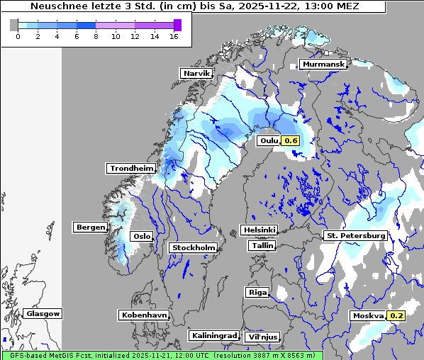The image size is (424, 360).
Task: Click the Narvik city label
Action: [196, 73]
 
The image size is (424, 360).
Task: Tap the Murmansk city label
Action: [323, 64]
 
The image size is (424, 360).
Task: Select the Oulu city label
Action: [269, 141]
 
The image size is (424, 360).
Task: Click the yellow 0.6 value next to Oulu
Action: [291, 141]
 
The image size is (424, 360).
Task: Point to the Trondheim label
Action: [131, 168]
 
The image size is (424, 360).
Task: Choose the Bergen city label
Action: [90, 227]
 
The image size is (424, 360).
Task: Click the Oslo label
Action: [142, 236]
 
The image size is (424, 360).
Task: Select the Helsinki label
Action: [259, 230]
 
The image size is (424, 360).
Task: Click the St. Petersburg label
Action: [355, 235]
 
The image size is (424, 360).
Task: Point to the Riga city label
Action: [257, 292]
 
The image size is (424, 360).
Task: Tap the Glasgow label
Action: [43, 313]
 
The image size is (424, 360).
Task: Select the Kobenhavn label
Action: [145, 315]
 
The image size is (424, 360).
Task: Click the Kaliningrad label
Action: [213, 335]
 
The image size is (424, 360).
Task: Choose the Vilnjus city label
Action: [262, 337]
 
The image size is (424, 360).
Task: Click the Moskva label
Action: [369, 315]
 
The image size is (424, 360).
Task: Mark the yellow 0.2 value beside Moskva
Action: [396, 315]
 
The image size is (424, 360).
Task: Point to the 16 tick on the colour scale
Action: [174, 35]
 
